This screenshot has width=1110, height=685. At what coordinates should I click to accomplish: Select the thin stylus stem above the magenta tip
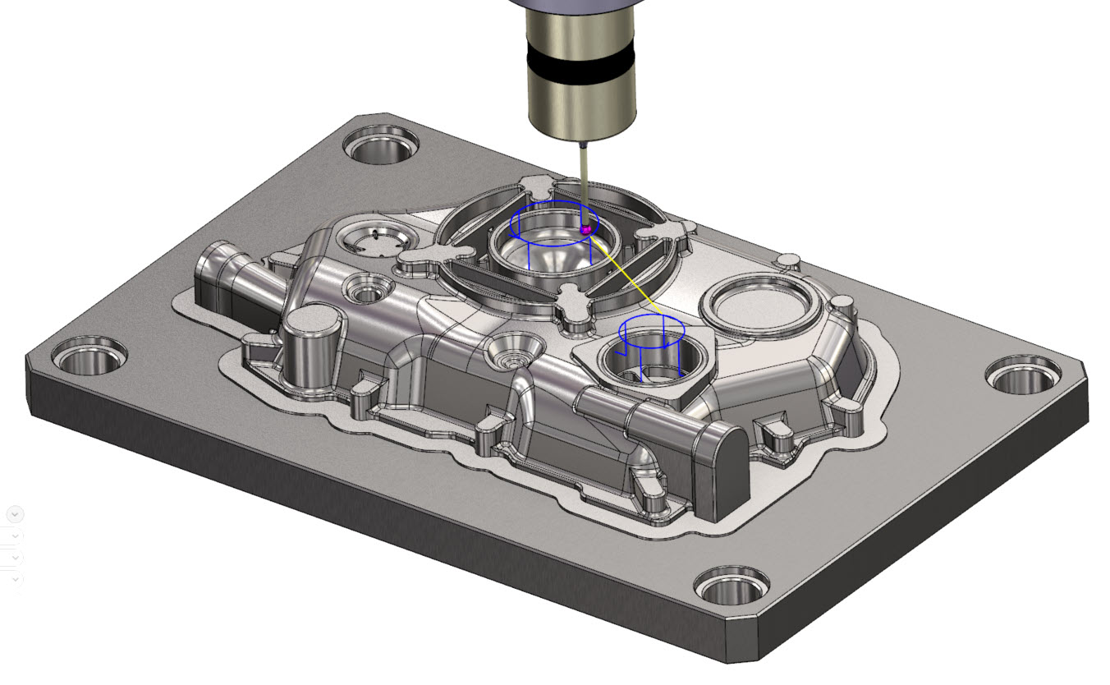coord(583,185)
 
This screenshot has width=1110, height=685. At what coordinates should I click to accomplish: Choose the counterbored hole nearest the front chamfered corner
coord(732,586)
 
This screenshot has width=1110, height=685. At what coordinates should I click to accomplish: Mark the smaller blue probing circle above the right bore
coord(651,326)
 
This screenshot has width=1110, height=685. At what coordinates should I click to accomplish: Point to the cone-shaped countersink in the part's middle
coord(513,352)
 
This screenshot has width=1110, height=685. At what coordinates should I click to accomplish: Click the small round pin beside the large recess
coord(788,261)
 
